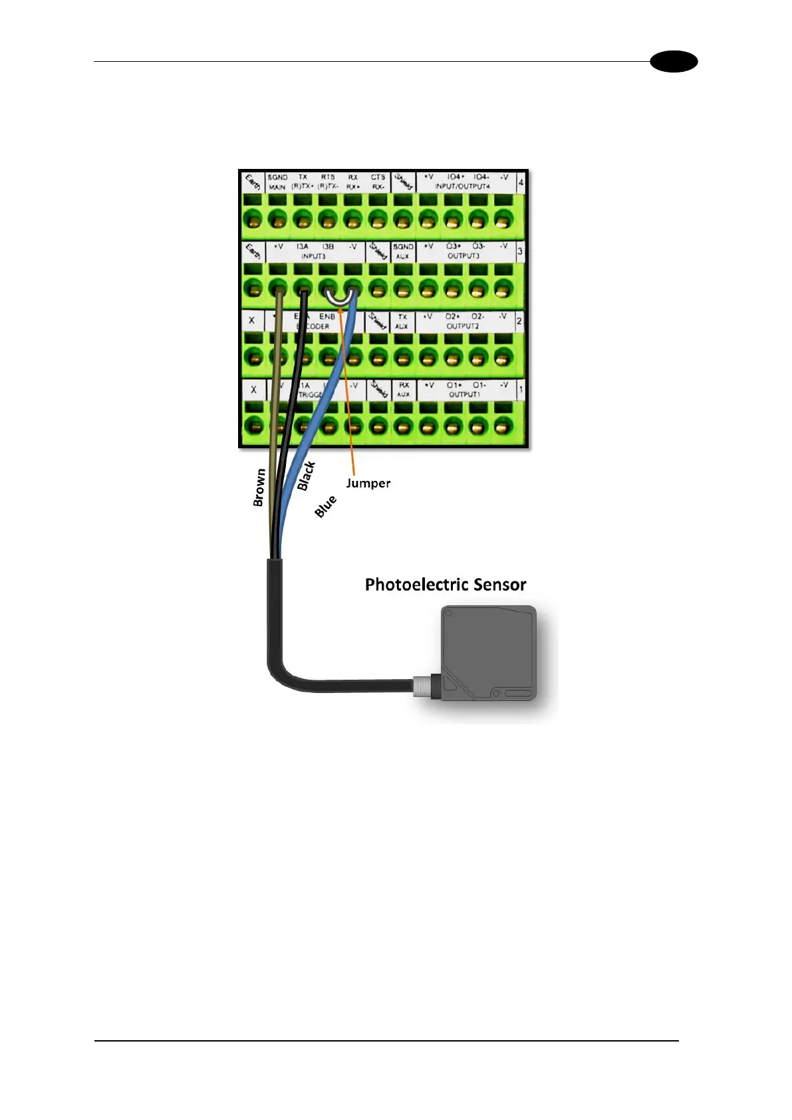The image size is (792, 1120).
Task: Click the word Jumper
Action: (368, 484)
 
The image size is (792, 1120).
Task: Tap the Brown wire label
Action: (259, 488)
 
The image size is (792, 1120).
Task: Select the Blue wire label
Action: (325, 507)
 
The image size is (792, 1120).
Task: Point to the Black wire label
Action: (306, 476)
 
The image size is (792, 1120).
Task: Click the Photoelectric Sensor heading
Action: (446, 585)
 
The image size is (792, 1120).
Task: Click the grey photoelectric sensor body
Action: (489, 652)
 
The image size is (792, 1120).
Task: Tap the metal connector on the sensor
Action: (422, 686)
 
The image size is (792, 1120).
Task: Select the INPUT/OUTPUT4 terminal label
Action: (462, 187)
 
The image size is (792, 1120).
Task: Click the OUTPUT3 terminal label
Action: (463, 256)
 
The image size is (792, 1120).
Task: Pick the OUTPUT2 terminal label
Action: (463, 327)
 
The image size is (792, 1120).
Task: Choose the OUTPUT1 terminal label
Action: (463, 394)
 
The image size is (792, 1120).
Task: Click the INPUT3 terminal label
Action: (313, 256)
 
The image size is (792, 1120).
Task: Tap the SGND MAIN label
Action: (277, 182)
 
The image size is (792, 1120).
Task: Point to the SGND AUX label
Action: (403, 251)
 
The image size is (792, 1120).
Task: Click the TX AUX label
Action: (402, 321)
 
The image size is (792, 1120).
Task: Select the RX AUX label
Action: (404, 390)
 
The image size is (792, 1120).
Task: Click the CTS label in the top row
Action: (378, 178)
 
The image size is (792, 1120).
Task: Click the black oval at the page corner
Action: (674, 62)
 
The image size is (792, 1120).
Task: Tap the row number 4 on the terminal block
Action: (521, 182)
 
